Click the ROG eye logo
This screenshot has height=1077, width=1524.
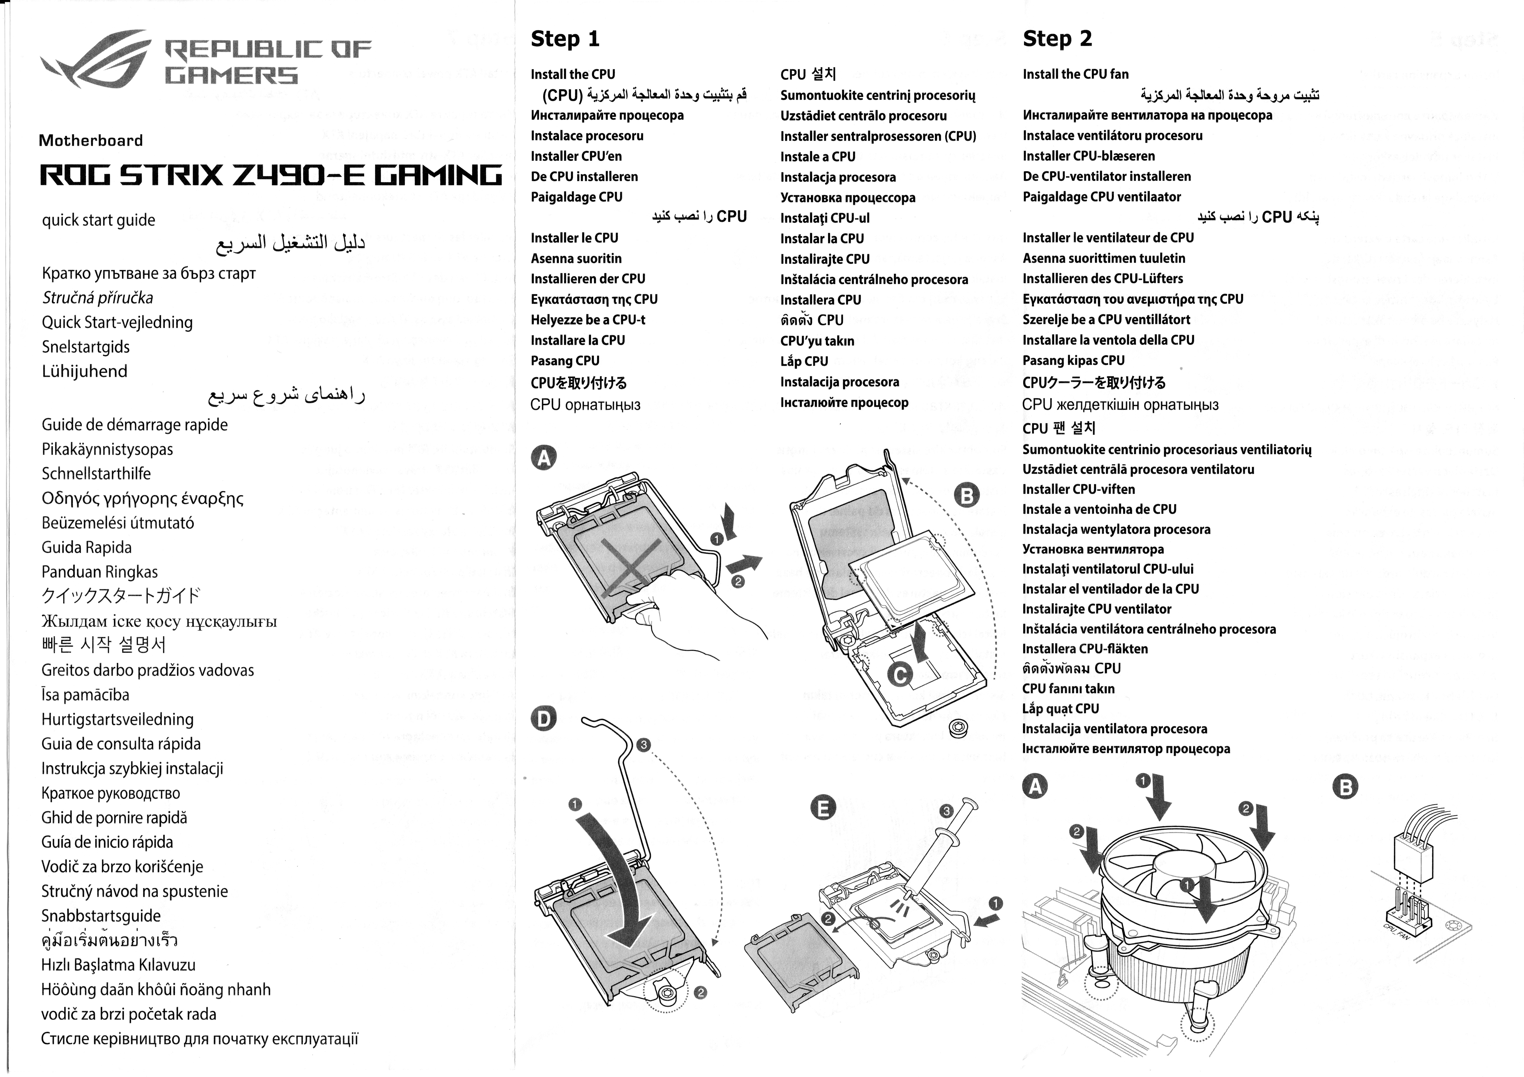point(96,58)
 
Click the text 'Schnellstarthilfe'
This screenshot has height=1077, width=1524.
point(96,474)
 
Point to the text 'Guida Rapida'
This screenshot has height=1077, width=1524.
point(86,547)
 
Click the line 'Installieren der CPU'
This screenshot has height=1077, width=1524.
point(587,279)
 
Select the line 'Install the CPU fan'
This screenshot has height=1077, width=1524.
point(1075,74)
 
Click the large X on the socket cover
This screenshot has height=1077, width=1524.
point(631,564)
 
